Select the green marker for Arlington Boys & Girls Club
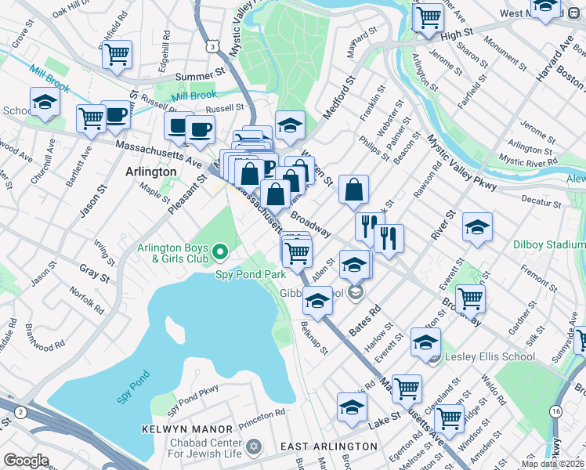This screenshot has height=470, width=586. coord(220,252)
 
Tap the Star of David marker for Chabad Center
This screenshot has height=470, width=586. coord(252,446)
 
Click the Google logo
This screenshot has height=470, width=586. coord(26,461)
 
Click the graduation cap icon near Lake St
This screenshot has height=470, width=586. coord(352,406)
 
